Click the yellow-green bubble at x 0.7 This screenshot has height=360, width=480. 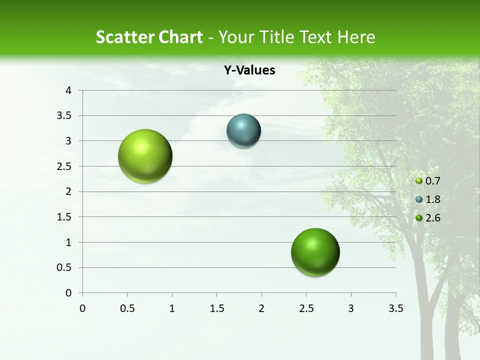(x=145, y=156)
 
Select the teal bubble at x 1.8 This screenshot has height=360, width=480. (x=243, y=131)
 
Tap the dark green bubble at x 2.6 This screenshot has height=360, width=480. (x=315, y=252)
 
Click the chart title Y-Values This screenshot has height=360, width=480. (x=249, y=70)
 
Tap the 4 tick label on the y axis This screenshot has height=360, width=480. (x=69, y=90)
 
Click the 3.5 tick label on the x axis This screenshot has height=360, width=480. (x=395, y=308)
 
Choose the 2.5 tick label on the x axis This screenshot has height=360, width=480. (x=306, y=308)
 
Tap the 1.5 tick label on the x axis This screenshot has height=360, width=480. (x=216, y=308)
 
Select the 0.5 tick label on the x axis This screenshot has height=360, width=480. (x=127, y=308)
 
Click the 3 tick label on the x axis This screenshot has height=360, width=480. (x=351, y=308)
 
